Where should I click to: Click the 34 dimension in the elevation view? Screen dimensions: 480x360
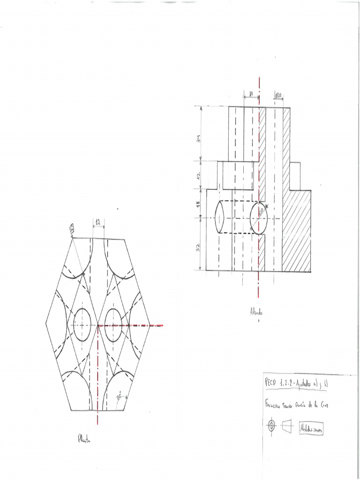click(199, 139)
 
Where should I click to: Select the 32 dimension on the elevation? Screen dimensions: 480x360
click(198, 247)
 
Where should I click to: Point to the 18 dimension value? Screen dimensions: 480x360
click(198, 204)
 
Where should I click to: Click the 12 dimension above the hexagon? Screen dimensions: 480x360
click(98, 221)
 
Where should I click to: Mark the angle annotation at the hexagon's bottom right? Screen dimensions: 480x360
click(120, 397)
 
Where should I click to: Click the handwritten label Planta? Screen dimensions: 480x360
click(84, 440)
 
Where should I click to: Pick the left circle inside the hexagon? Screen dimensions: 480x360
click(82, 324)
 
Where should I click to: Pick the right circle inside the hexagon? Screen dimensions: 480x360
click(113, 324)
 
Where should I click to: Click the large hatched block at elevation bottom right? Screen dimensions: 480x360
click(296, 230)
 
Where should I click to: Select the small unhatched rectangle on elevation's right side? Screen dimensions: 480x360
click(295, 176)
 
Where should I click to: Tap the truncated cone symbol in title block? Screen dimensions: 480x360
click(287, 426)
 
